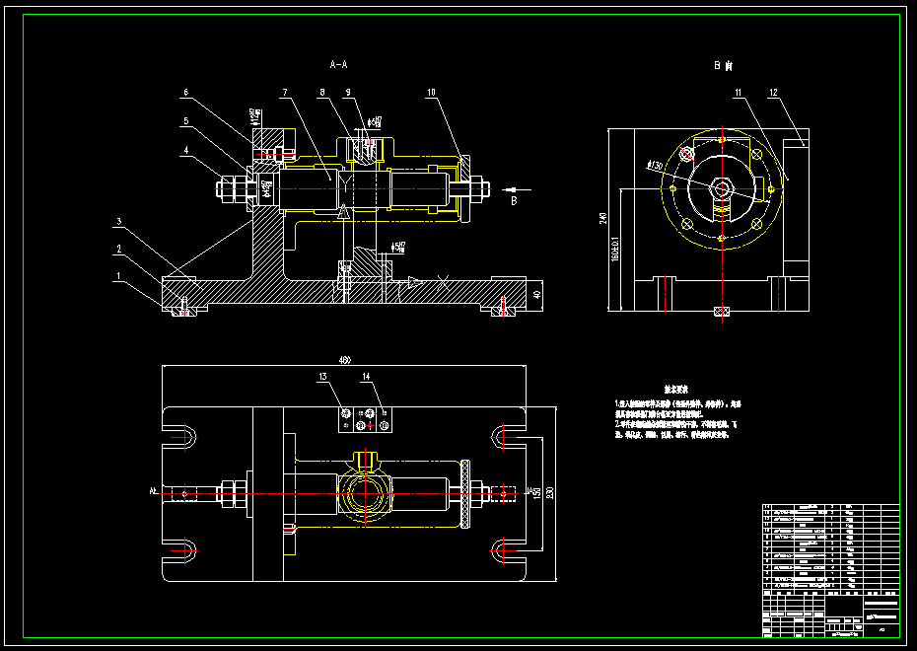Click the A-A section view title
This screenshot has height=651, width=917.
click(x=338, y=64)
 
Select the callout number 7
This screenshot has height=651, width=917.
click(x=284, y=93)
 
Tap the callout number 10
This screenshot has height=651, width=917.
click(x=431, y=93)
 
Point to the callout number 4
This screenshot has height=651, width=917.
click(x=184, y=151)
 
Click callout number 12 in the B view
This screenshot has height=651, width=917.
click(x=774, y=93)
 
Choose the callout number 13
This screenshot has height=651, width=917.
click(x=322, y=377)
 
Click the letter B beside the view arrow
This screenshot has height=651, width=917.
click(x=514, y=200)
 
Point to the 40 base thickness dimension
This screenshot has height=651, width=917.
click(x=537, y=294)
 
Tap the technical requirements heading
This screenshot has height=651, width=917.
click(x=675, y=391)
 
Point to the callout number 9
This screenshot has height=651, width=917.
click(x=347, y=93)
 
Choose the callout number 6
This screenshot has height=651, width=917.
click(x=184, y=93)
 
